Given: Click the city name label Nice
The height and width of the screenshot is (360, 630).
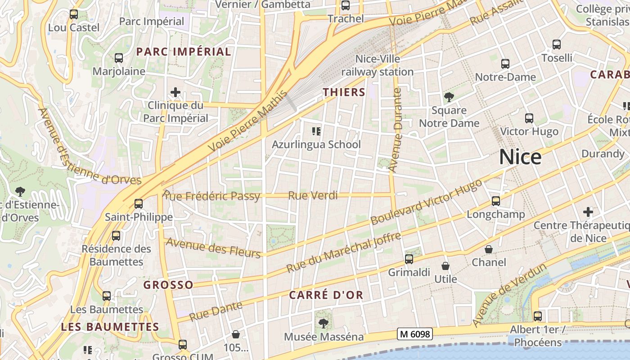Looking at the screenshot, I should click(x=520, y=157).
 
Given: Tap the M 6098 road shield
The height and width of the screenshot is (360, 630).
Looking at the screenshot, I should click(x=415, y=334).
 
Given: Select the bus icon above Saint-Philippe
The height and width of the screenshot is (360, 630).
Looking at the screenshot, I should click(x=139, y=204).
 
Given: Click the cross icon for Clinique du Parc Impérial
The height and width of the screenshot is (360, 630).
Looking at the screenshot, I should click(x=175, y=93).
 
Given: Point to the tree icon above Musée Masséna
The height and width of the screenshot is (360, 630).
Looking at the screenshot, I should click(x=323, y=323).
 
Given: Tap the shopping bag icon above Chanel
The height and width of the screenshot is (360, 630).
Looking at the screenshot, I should click(x=489, y=249).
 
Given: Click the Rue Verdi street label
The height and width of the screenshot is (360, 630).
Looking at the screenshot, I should click(x=313, y=195).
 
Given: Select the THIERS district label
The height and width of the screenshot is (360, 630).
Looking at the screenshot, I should click(x=344, y=92).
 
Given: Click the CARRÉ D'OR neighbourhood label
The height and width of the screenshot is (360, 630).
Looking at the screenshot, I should click(x=326, y=295).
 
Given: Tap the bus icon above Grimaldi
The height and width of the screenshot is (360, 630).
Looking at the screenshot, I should click(x=409, y=259).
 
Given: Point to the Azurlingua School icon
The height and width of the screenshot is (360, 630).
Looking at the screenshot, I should click(x=316, y=131).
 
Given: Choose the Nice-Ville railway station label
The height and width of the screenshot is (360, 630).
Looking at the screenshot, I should click(x=377, y=65).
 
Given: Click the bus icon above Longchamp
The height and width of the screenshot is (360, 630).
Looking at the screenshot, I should click(x=496, y=201).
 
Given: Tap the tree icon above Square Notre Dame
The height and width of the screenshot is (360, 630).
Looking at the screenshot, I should click(x=449, y=97).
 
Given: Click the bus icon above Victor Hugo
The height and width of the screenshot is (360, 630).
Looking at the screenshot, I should click(x=529, y=118).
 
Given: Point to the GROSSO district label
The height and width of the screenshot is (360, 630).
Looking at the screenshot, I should click(x=168, y=285).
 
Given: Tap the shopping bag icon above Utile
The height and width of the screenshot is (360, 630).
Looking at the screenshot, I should click(x=445, y=266).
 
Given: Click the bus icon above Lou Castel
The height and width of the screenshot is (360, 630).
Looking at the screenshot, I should click(x=74, y=14).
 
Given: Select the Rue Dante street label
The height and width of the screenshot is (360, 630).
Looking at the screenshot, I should click(x=216, y=311).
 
